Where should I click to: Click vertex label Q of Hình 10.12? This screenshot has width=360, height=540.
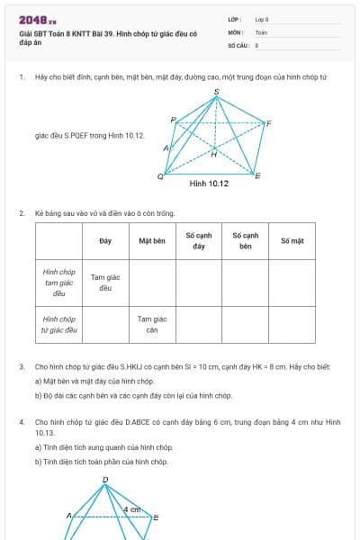tap(160, 176)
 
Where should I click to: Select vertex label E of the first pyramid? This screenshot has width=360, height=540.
tap(258, 175)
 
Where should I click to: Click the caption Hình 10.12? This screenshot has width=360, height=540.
tap(209, 184)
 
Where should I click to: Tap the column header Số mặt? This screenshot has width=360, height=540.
tap(292, 241)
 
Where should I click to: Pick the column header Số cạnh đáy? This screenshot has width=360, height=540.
tap(199, 240)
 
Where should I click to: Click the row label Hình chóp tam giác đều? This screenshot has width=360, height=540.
tap(59, 282)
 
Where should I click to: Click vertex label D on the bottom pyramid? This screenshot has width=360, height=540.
tap(105, 480)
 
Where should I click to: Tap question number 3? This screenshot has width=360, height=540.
tap(21, 367)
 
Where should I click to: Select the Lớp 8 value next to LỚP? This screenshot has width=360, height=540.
tap(262, 19)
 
